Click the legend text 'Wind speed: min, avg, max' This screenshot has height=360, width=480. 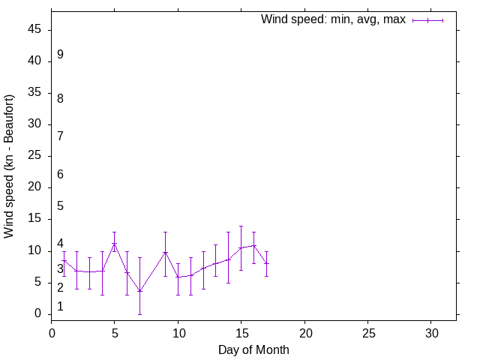333,19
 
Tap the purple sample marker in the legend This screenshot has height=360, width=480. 427,20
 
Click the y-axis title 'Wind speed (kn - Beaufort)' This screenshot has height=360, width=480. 9,166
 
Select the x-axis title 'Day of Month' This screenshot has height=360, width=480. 253,349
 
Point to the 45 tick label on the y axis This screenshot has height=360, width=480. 34,30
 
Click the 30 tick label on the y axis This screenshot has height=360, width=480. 34,124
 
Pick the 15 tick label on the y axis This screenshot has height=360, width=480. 34,219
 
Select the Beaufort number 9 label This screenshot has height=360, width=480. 60,55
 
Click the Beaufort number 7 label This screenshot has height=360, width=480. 60,136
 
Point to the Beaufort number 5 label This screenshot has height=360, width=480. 60,205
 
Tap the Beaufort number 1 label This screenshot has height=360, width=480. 60,307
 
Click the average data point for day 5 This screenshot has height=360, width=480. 115,243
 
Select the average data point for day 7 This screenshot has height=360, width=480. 139,291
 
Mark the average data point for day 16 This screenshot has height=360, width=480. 253,245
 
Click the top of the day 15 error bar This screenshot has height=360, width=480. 241,226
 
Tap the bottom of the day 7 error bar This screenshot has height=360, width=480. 139,313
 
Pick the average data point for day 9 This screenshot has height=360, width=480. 165,252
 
